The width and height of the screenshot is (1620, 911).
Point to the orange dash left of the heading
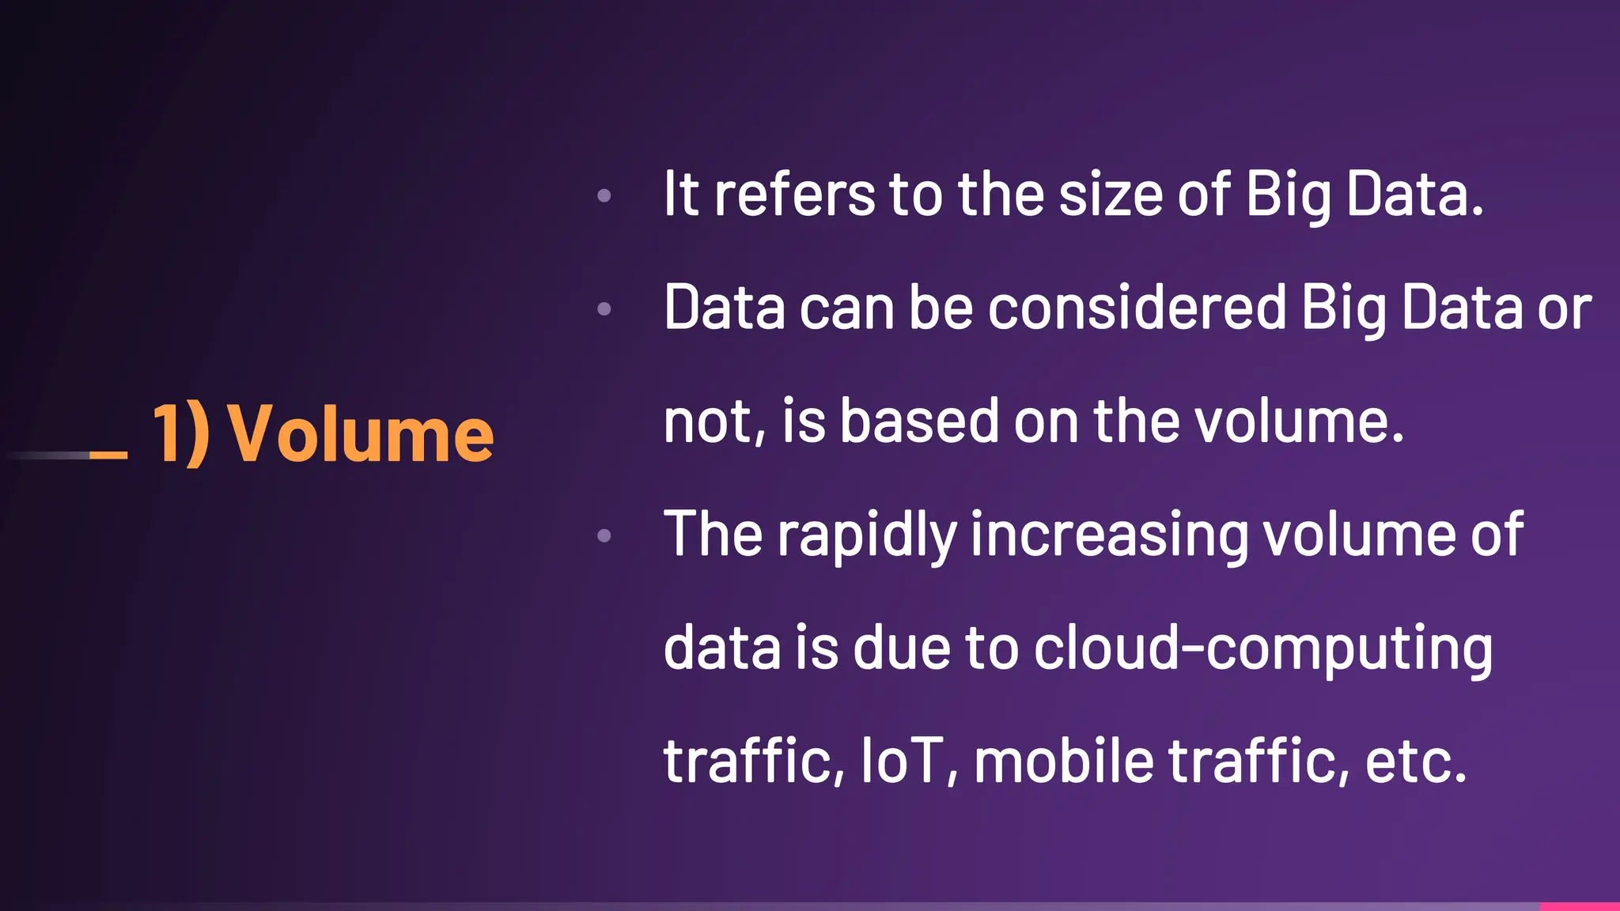108,455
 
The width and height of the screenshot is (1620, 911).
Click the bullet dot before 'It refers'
604,195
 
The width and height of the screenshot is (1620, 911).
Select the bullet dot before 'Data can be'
604,308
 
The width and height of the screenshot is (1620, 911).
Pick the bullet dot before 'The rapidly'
604,536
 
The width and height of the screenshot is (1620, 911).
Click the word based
919,421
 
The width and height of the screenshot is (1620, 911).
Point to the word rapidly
867,536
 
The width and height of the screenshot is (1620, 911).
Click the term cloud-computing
1263,648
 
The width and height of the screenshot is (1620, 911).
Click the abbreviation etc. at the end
1416,761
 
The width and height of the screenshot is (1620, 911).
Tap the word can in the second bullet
846,308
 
